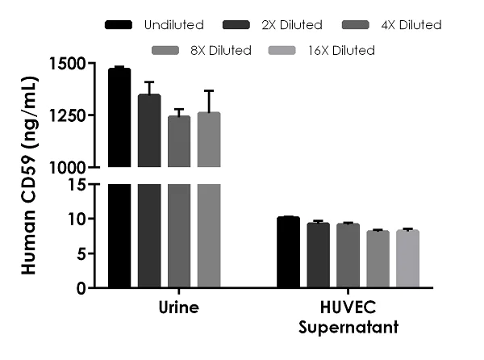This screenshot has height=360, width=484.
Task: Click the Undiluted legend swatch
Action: coord(119,25)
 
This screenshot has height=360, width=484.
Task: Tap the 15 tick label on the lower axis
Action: coord(77,185)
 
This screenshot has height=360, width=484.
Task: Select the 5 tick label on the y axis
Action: coord(81,253)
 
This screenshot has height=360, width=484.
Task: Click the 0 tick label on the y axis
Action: coord(81,288)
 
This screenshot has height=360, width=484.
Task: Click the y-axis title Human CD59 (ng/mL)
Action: coord(30,175)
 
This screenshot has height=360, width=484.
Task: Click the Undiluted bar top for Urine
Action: coord(119,70)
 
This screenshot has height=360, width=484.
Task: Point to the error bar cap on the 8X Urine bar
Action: coord(209,91)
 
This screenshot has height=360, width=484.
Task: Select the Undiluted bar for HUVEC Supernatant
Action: coord(288,252)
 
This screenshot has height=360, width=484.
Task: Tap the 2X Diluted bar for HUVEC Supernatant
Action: coord(318,255)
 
